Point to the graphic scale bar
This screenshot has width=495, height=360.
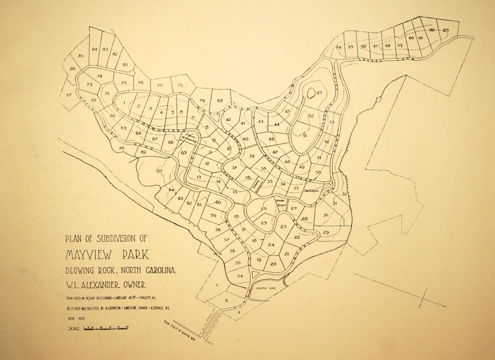(x=106, y=329)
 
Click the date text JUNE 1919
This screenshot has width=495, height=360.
(x=75, y=318)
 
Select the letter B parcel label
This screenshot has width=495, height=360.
(x=226, y=301)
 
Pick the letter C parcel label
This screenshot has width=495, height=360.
(x=217, y=285)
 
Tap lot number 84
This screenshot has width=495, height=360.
(x=94, y=50)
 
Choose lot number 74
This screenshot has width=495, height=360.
(x=99, y=76)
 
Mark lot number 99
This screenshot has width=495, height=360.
(x=399, y=45)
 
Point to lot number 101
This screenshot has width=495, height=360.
(x=420, y=38)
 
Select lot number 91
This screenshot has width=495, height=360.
(x=305, y=135)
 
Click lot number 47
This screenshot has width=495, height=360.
(x=275, y=152)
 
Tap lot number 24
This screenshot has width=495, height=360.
(x=271, y=245)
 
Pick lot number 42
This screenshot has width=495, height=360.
(x=228, y=120)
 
